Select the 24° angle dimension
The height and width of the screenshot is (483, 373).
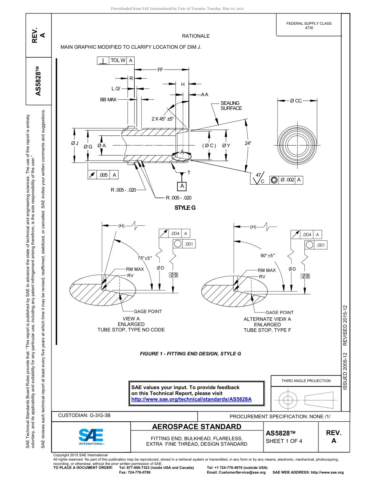coord(248,143)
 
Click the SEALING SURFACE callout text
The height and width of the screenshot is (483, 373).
coord(231,106)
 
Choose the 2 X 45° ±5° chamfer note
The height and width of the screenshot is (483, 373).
coord(163,119)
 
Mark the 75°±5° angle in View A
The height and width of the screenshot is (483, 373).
coord(144,258)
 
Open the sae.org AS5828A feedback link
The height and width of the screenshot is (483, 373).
coord(191,399)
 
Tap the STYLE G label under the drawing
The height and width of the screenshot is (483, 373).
coord(185,207)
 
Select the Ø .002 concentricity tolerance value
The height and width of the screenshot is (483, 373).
coord(287,180)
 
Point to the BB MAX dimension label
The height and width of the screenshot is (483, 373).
coord(108,100)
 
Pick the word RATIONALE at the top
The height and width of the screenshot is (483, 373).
coord(196,36)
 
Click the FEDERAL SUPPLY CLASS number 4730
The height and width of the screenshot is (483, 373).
coord(309,28)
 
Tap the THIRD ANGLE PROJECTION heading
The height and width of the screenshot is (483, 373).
coord(306,381)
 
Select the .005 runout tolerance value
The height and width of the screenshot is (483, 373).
coord(103,175)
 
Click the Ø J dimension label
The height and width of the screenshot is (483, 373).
coord(75,143)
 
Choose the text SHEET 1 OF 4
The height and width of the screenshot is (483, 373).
coord(284,441)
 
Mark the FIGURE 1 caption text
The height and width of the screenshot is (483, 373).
coord(190,353)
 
